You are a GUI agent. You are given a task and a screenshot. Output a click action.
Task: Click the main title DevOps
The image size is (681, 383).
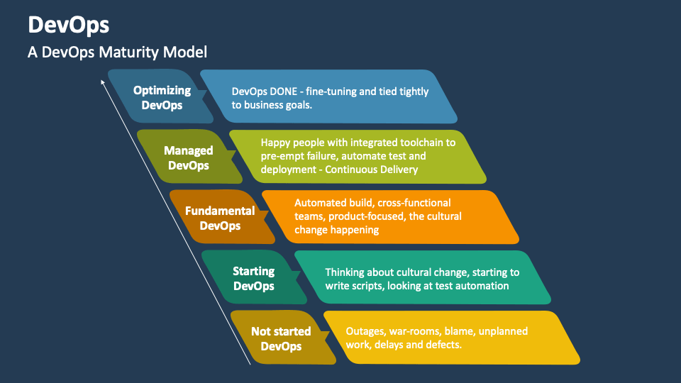pyautogui.click(x=69, y=25)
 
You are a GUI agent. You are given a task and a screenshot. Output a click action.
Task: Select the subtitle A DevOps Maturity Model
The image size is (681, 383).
pyautogui.click(x=117, y=52)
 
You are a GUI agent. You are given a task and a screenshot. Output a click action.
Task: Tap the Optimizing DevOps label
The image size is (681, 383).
pyautogui.click(x=162, y=98)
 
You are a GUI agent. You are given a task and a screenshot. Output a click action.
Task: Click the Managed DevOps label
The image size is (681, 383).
pyautogui.click(x=188, y=157)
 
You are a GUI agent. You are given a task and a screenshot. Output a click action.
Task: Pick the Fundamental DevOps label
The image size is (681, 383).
pyautogui.click(x=220, y=218)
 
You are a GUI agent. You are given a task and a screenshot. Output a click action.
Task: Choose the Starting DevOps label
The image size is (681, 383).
pyautogui.click(x=254, y=279)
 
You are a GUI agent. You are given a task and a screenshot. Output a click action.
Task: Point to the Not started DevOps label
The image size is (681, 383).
pyautogui.click(x=281, y=339)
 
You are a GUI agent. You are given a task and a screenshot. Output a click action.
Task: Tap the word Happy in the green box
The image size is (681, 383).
pyautogui.click(x=276, y=142)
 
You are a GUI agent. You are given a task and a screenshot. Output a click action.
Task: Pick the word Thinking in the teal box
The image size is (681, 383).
pyautogui.click(x=346, y=272)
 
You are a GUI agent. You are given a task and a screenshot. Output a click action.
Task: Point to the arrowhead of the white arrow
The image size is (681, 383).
pyautogui.click(x=103, y=82)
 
